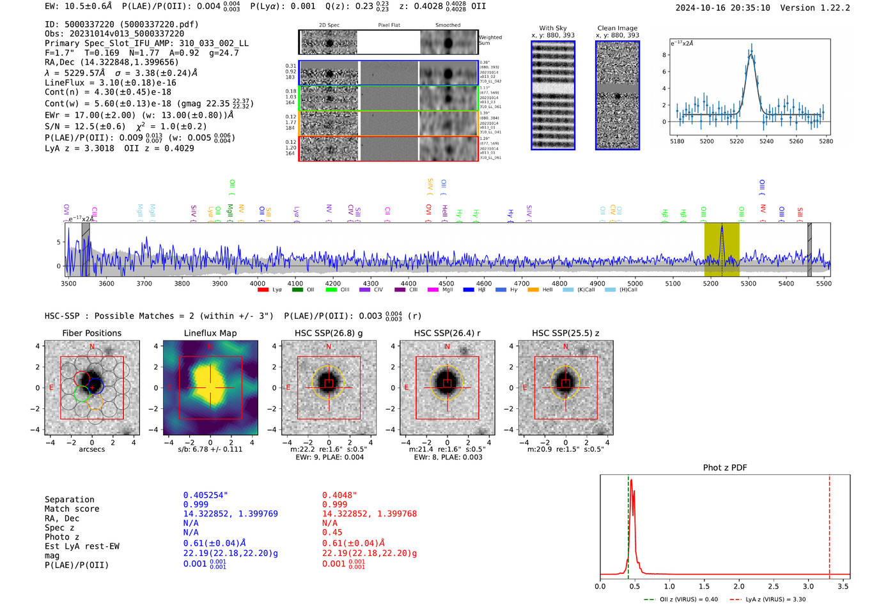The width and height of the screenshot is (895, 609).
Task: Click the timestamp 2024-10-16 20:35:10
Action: [x=722, y=8]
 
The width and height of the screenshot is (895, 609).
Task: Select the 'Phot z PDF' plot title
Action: [x=724, y=468]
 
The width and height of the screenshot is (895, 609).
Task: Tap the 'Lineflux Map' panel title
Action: [x=210, y=333]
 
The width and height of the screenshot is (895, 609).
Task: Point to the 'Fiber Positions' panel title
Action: [x=91, y=333]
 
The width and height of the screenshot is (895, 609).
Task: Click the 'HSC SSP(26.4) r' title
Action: [x=447, y=333]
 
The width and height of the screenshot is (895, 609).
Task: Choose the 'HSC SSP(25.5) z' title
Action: [x=565, y=333]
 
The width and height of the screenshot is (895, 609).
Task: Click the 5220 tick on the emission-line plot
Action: [x=736, y=141]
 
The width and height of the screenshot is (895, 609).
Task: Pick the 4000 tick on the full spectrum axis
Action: [x=258, y=284]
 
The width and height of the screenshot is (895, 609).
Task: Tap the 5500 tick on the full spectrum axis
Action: [x=823, y=284]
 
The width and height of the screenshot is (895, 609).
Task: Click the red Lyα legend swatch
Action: [x=263, y=290]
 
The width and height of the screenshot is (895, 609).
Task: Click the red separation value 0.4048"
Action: [x=339, y=495]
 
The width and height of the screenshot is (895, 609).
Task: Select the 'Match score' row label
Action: [x=72, y=509]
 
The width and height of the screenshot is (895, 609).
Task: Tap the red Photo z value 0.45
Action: [x=332, y=532]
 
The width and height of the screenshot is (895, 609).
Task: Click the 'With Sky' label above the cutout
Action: [x=552, y=28]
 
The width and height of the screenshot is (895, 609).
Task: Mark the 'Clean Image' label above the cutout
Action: [x=617, y=28]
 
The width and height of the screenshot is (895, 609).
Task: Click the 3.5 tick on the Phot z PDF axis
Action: [x=843, y=586]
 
